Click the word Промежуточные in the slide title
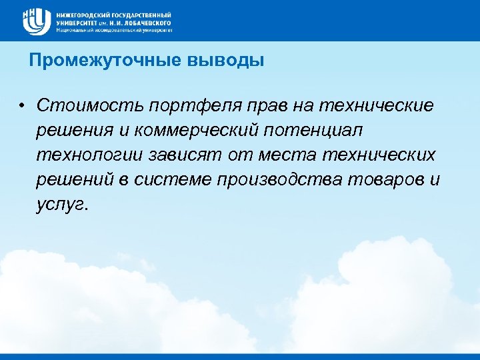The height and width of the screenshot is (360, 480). coord(85,61)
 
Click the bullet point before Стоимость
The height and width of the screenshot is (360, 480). coord(22,105)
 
